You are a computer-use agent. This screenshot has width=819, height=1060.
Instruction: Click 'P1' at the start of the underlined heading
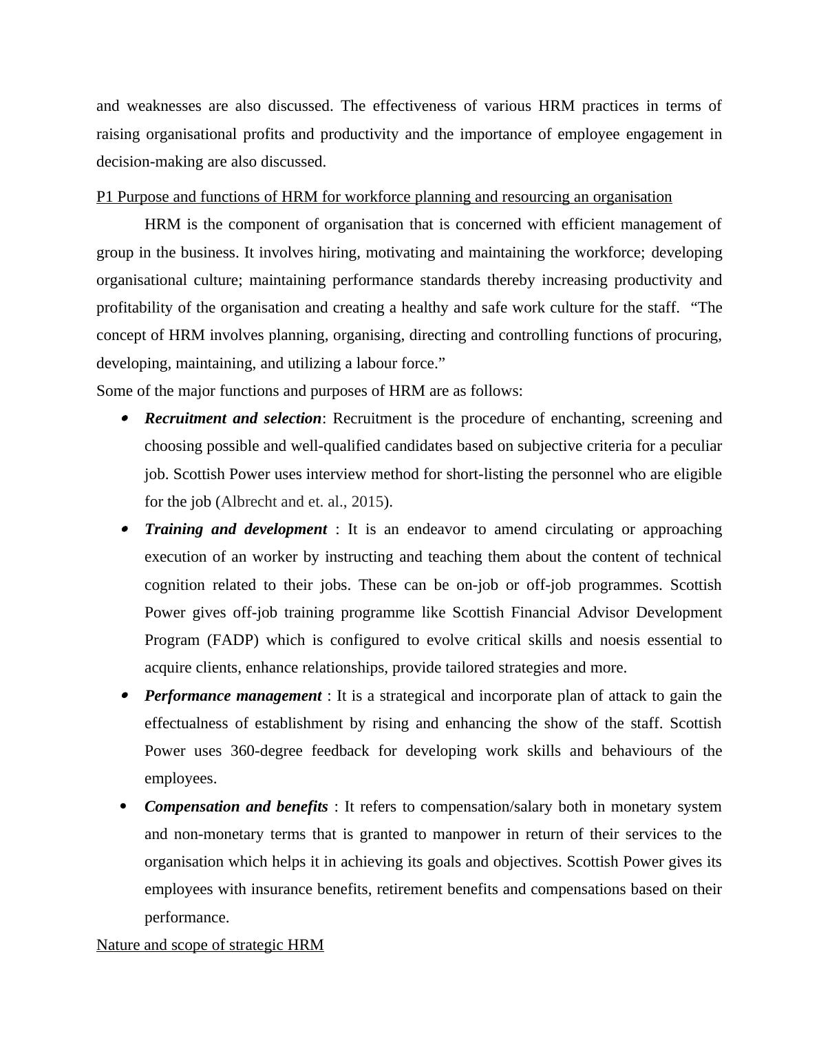tap(105, 197)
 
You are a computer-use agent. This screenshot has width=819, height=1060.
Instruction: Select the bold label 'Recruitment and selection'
tap(233, 418)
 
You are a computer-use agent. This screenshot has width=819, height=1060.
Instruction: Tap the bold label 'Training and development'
tap(235, 529)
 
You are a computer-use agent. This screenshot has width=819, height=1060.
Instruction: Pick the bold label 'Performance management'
tap(233, 696)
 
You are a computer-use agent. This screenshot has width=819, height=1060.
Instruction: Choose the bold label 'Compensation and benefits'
tap(236, 807)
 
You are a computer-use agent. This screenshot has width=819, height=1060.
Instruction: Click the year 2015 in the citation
tap(367, 502)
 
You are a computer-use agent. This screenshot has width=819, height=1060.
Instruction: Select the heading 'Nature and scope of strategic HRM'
tap(210, 945)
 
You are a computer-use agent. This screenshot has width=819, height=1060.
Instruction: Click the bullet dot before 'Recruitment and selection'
tap(124, 418)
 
